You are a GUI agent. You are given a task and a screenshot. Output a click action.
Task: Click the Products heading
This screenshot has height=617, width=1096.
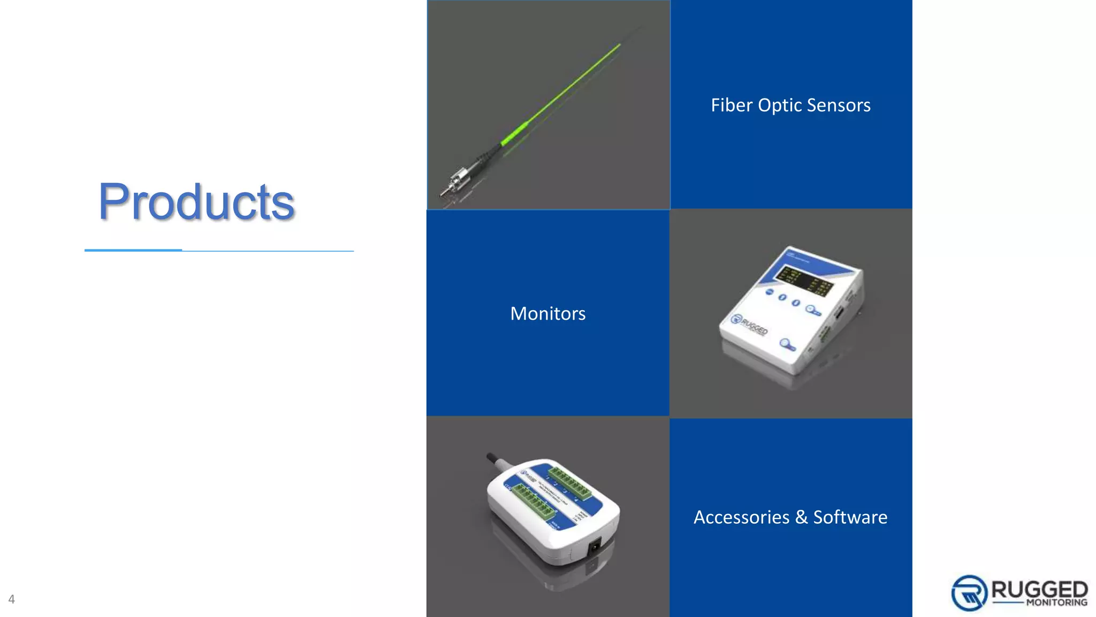196,202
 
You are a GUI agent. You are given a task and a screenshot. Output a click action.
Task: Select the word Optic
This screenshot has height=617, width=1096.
779,106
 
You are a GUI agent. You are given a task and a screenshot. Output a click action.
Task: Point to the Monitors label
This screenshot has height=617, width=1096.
547,313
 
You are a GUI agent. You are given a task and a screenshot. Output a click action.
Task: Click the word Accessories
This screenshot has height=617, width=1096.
741,517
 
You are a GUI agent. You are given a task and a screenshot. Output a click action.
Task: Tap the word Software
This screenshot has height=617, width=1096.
850,517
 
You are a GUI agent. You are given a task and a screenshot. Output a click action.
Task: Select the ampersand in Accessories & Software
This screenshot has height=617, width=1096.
801,517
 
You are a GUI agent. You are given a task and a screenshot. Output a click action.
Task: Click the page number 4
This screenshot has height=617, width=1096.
11,599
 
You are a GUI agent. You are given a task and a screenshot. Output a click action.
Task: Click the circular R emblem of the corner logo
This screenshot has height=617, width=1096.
969,593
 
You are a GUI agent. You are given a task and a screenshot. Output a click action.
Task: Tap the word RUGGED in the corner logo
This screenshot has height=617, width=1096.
1039,590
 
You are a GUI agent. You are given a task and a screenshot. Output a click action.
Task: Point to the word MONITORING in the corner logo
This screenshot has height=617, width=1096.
1056,603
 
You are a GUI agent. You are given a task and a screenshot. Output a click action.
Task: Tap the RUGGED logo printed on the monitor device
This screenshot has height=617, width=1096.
749,324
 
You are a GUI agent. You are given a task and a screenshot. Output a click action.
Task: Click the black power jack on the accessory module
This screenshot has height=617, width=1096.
594,547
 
